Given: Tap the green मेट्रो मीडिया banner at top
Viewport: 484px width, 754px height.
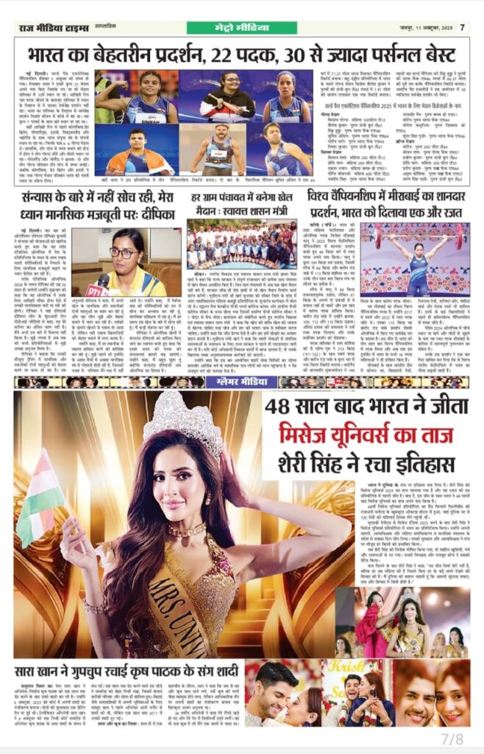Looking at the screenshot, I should (241, 28).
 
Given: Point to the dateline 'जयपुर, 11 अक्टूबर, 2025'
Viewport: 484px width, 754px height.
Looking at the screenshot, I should (415, 28).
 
